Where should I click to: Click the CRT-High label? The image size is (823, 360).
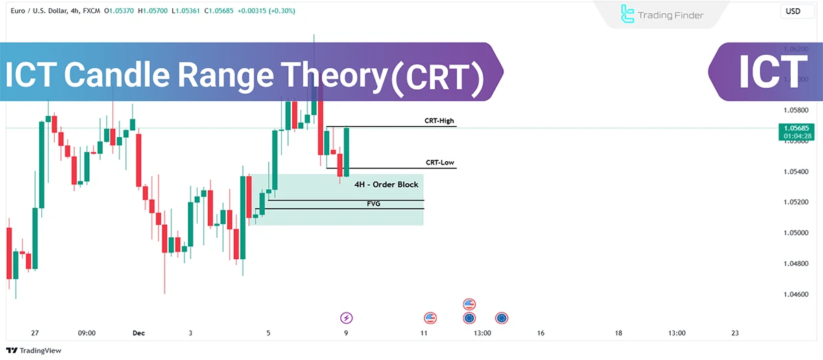(x=439, y=121)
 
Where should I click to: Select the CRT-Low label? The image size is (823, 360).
(x=439, y=163)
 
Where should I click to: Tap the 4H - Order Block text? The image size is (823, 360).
(x=386, y=184)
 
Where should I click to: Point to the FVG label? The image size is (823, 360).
(x=374, y=204)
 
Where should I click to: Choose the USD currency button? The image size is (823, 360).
(x=793, y=12)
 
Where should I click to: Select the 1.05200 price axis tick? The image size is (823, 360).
(x=796, y=202)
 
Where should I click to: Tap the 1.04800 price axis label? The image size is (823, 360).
(x=796, y=263)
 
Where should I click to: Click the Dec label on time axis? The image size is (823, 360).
(x=139, y=333)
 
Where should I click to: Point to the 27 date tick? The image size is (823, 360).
(x=35, y=333)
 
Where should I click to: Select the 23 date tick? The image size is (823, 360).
(x=735, y=333)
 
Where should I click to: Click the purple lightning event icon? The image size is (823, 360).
(x=346, y=317)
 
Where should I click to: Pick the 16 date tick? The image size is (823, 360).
(x=540, y=333)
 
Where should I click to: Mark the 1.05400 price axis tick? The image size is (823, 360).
(x=796, y=171)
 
